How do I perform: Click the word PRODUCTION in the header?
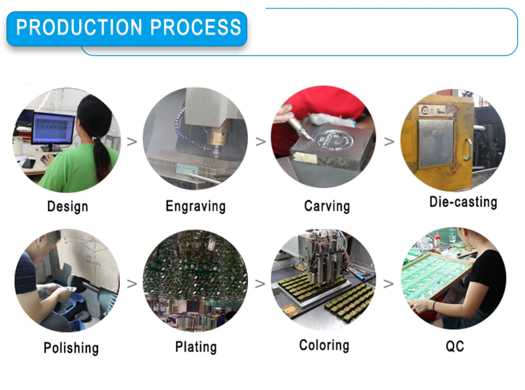[79, 27]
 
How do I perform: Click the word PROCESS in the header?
[196, 27]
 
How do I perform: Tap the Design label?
[68, 206]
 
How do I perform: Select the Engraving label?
[196, 206]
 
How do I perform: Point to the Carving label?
[327, 206]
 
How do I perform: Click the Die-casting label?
[464, 202]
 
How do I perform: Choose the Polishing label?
[71, 348]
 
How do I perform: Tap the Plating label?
[196, 347]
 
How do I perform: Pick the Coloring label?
[324, 345]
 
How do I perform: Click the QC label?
[455, 346]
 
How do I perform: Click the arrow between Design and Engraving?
[132, 142]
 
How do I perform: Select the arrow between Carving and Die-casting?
[389, 142]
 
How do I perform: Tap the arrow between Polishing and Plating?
[132, 284]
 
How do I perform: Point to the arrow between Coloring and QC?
[388, 284]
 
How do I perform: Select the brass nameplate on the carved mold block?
[305, 157]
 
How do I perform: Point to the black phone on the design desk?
[28, 163]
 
